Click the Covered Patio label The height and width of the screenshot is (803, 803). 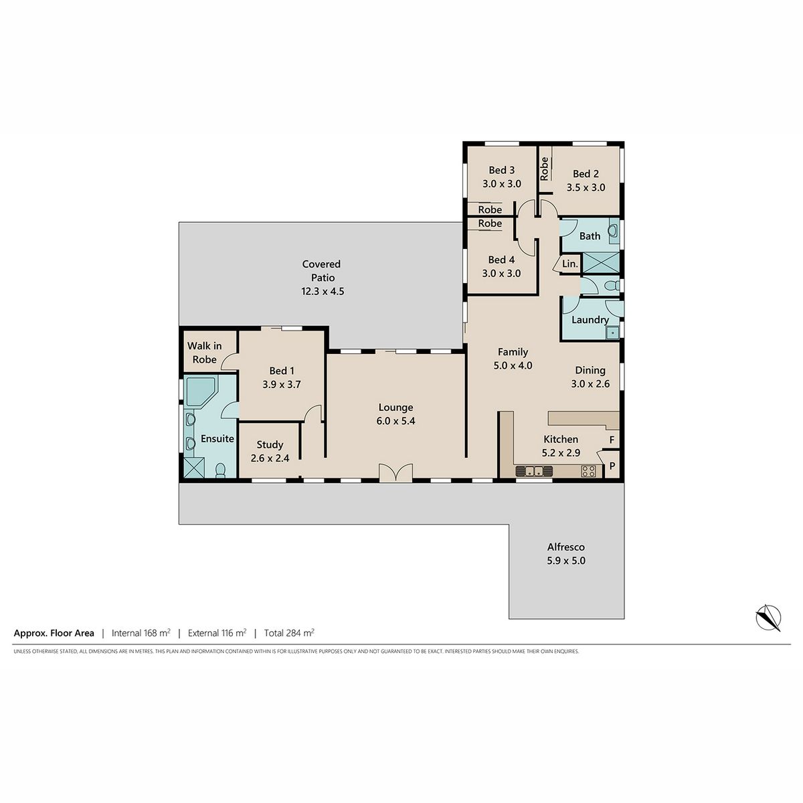321,271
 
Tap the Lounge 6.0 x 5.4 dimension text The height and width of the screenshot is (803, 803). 396,421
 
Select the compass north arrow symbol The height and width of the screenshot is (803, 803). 768,618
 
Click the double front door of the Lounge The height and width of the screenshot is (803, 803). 395,473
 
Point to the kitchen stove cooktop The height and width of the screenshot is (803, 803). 588,471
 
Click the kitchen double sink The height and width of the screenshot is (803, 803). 534,471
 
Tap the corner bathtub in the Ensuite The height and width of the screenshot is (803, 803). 200,391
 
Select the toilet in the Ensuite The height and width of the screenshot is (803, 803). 220,470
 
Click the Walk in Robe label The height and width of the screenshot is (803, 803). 204,353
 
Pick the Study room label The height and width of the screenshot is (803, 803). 270,444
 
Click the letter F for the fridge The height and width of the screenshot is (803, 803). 612,440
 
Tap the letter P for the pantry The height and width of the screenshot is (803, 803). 612,466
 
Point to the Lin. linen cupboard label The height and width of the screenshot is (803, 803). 569,264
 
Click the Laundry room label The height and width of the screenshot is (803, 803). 590,320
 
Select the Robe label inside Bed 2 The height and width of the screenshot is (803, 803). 544,169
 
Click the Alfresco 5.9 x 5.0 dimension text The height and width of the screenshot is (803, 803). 566,561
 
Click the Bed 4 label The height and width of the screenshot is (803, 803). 501,260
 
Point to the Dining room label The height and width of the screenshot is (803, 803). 590,370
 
